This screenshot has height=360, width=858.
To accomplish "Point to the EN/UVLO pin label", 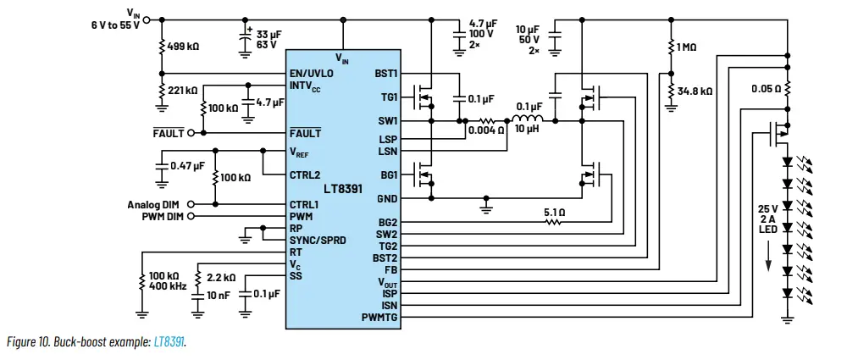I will [311, 74].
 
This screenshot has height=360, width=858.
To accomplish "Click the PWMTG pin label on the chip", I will [379, 318].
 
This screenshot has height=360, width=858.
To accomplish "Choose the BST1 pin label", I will [385, 74].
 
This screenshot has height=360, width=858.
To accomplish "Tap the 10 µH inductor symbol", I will [528, 119].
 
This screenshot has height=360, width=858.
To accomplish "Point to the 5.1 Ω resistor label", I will [554, 213].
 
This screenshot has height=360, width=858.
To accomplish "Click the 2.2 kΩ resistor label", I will [220, 277].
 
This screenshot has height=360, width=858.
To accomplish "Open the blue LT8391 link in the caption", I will [169, 341].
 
